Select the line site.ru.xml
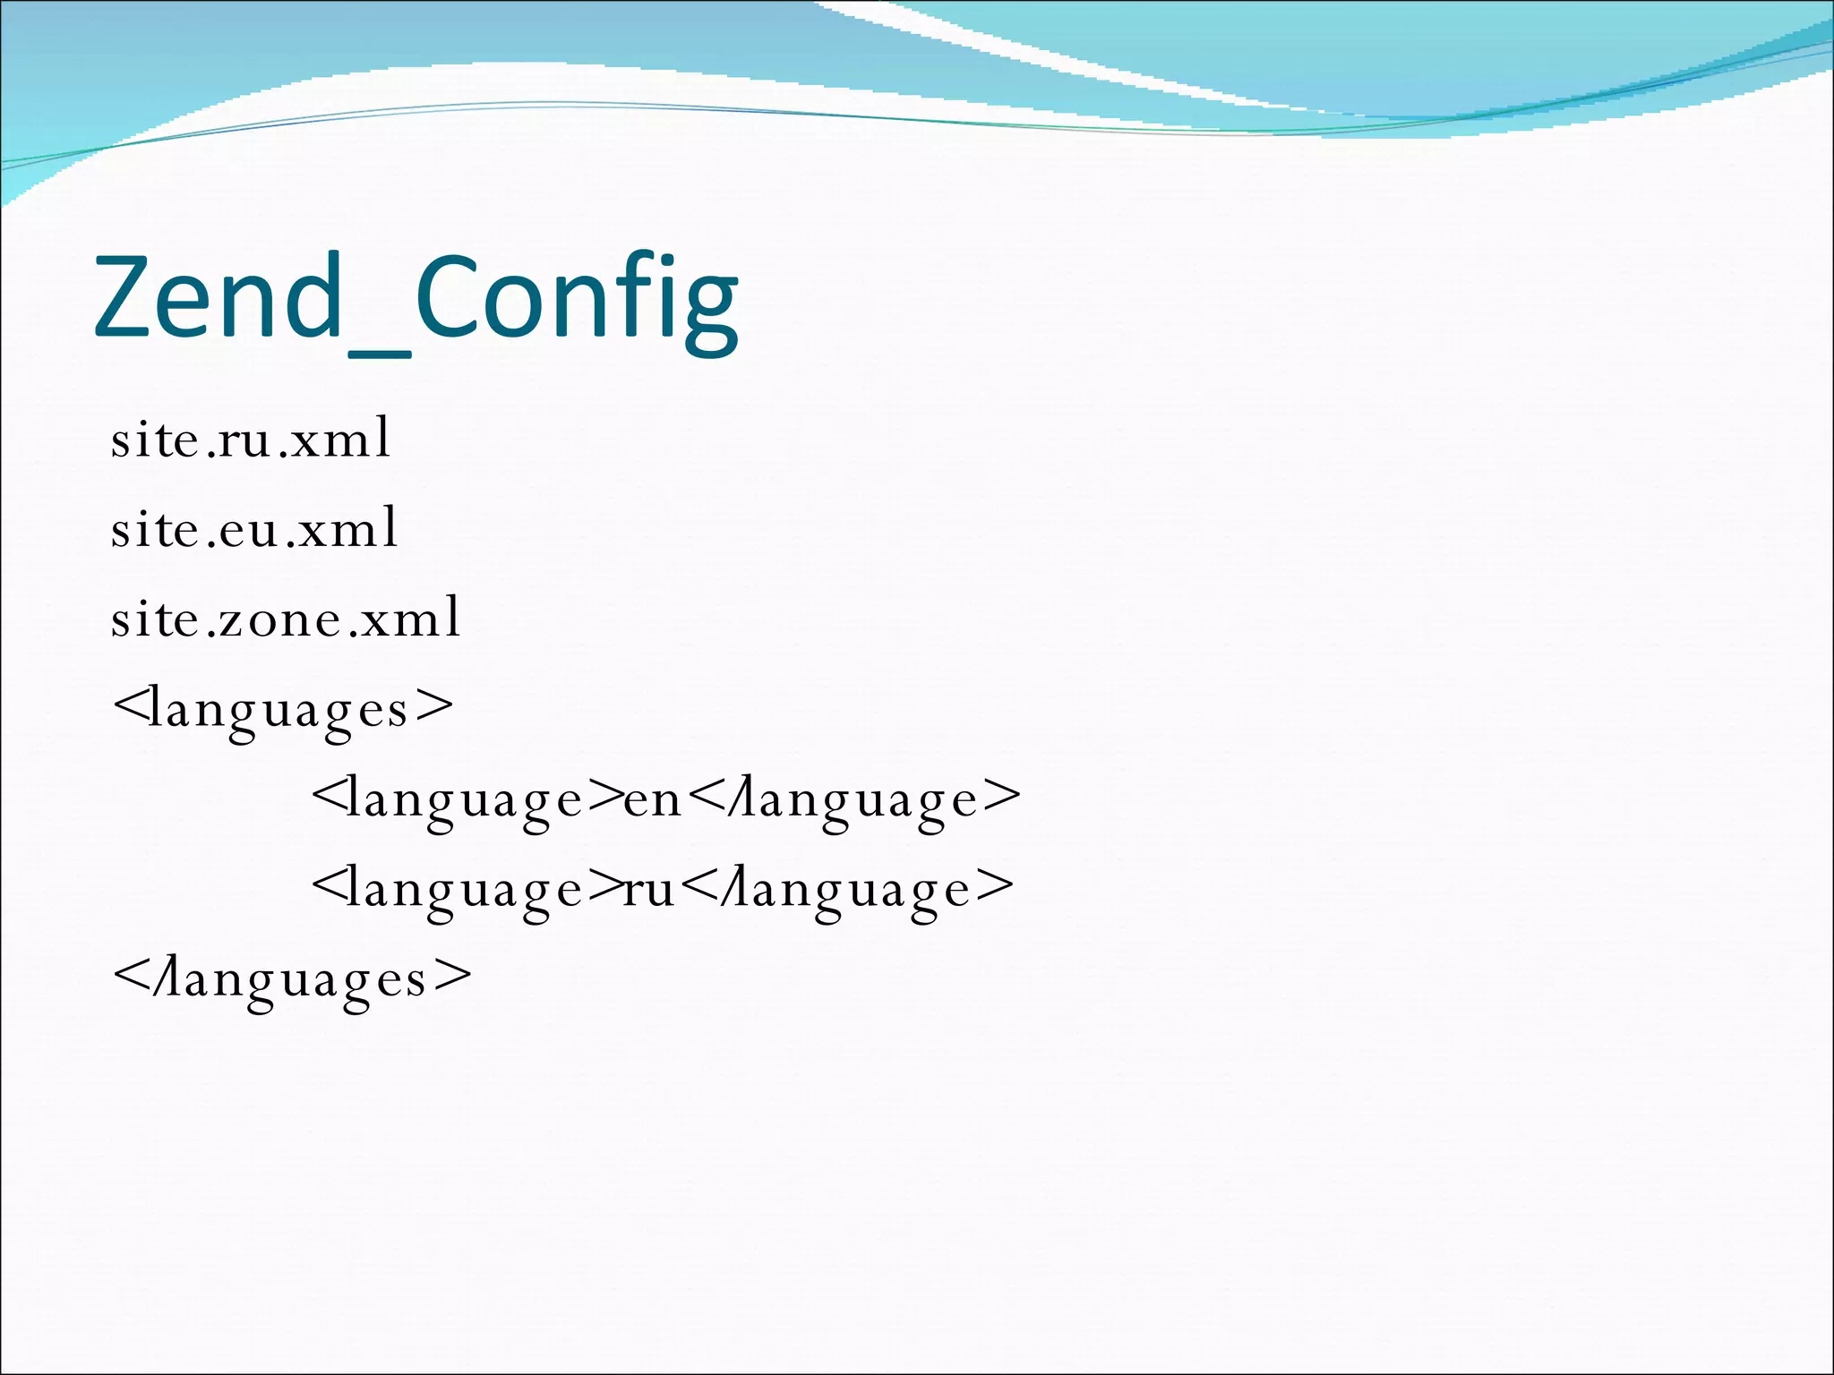(x=251, y=439)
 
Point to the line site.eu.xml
(x=254, y=528)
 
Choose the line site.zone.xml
(x=286, y=618)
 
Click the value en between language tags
(x=653, y=799)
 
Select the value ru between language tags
(x=649, y=889)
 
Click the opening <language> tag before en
(x=466, y=799)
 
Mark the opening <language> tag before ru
(x=466, y=889)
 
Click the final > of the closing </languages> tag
(x=453, y=977)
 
